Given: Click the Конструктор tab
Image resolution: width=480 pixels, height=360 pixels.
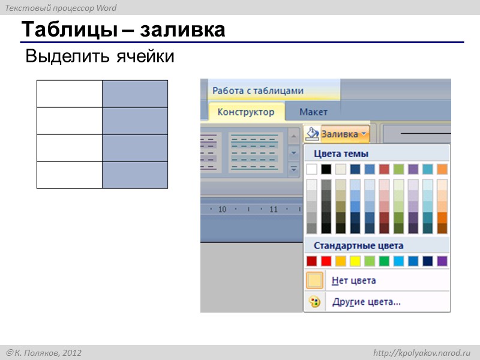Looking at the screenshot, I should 246,112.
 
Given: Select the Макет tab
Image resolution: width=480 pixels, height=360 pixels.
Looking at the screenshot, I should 313,112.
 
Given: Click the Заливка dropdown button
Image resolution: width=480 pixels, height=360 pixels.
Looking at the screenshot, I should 344,134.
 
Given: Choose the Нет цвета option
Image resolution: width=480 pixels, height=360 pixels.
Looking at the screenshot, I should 354,280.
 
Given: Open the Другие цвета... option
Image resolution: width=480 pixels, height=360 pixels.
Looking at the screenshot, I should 367,302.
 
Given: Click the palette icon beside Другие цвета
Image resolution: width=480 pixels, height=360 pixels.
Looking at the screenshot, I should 314,302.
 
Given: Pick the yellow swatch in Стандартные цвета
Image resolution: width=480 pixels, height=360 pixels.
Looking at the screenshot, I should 355,261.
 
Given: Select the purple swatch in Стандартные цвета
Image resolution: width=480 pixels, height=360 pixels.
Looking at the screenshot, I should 442,261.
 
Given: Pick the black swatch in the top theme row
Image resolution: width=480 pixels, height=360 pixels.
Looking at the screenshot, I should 326,169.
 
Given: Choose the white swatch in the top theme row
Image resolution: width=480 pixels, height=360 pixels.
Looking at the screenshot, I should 311,169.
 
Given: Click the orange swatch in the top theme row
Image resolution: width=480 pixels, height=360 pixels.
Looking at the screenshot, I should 442,169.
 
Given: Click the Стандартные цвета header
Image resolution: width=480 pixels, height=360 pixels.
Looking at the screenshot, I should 358,245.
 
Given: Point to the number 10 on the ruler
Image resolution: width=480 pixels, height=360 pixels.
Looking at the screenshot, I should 222,209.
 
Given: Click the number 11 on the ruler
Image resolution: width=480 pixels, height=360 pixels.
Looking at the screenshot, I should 274,209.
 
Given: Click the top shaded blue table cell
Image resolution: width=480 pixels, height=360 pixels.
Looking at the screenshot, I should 134,94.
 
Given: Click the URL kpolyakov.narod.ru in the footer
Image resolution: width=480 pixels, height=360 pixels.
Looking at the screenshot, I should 422,353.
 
